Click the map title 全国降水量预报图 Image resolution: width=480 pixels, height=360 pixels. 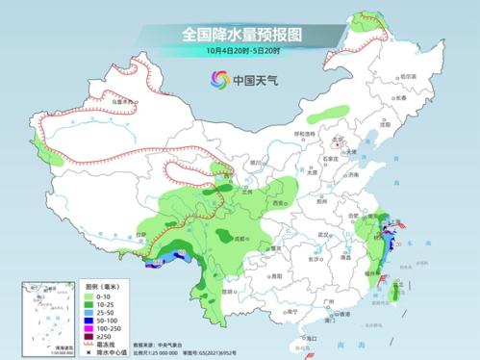pos(241,34)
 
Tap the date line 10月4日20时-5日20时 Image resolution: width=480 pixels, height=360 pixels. pos(241,50)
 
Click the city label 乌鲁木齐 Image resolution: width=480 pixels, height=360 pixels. pos(118,99)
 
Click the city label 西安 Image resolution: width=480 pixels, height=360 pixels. pos(279,204)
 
